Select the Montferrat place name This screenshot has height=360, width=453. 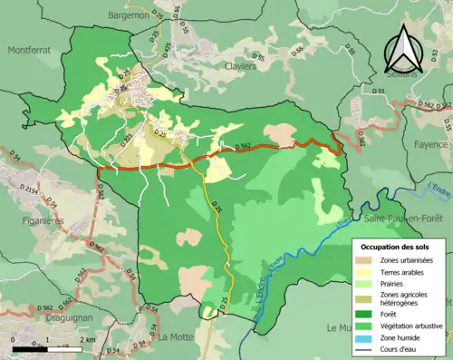pyautogui.click(x=34, y=52)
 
